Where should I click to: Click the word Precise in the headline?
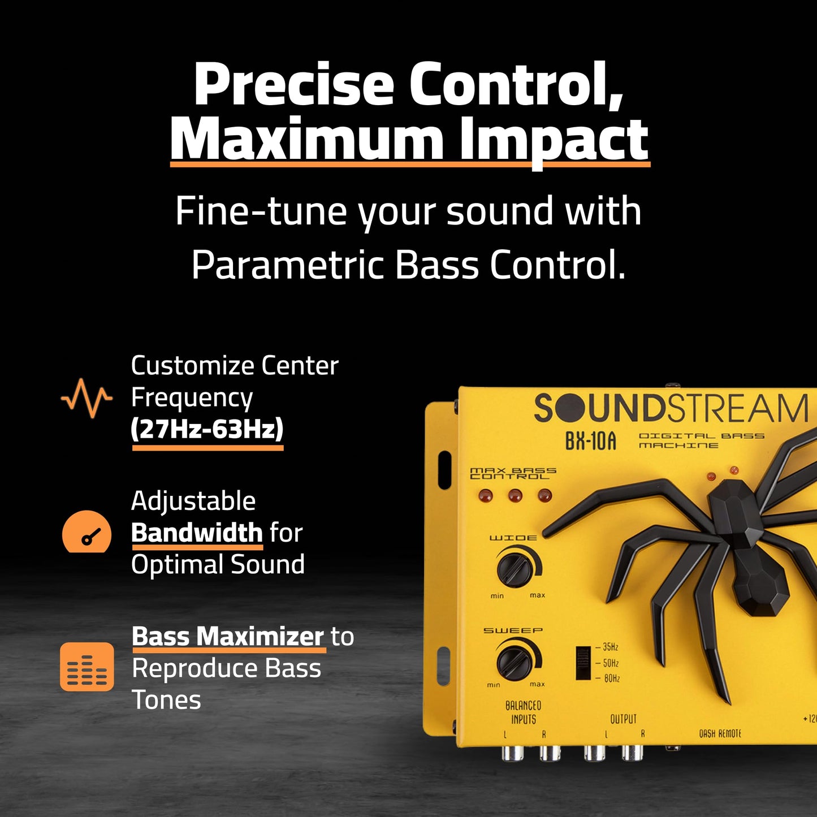293,85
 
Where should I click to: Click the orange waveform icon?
87,398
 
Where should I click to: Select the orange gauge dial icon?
87,532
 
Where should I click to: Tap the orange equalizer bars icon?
87,667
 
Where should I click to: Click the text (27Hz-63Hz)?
207,429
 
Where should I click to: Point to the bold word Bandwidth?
197,533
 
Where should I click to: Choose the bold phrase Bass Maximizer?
228,637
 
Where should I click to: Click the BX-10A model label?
590,441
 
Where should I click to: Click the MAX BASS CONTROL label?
513,473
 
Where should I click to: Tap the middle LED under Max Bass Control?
515,496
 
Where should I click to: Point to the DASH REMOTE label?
719,734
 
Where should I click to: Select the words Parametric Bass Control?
408,265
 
